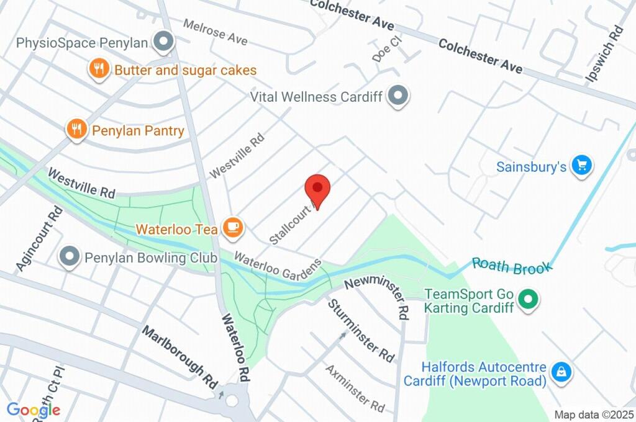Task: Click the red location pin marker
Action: pos(317,187)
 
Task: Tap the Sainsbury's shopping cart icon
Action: pos(582,166)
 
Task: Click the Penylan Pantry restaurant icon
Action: pos(76,130)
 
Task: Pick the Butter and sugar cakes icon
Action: pos(98,69)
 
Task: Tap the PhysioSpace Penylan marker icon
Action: pos(164,42)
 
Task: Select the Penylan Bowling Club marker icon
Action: pos(69,257)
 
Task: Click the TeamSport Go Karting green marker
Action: pos(528,300)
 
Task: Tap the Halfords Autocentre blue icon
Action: pos(561,372)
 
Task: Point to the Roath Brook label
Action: pos(512,266)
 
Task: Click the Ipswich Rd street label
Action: pos(604,54)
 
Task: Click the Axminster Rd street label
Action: pos(355,388)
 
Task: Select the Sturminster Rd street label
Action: pos(361,331)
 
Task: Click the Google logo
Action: pos(34,410)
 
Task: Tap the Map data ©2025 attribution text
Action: pos(593,414)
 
